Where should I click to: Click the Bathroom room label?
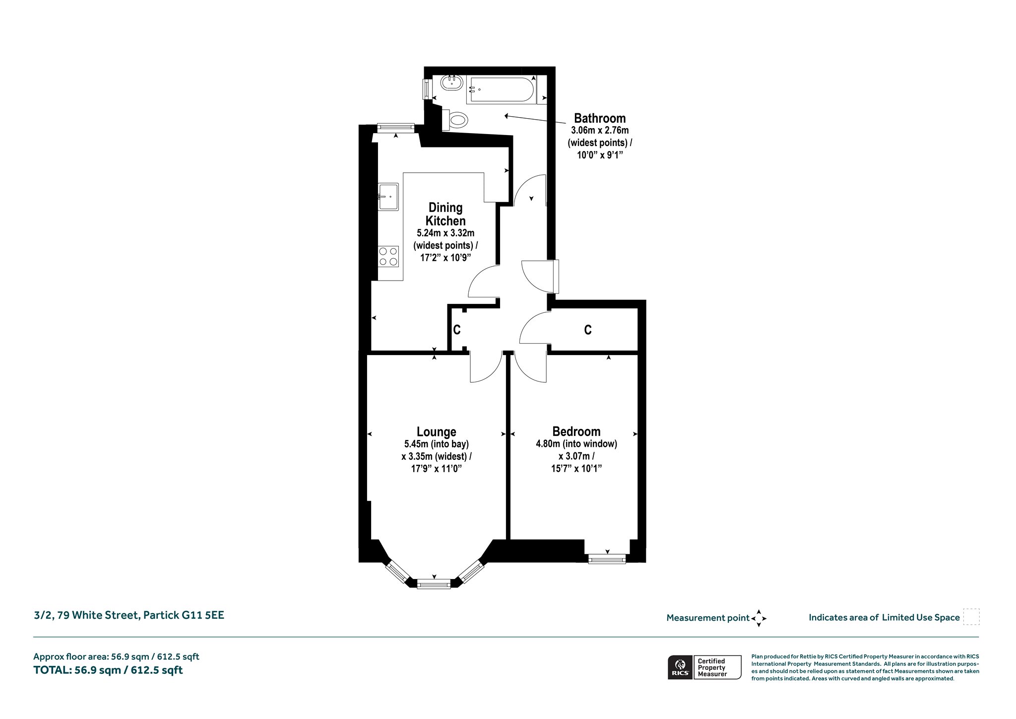pyautogui.click(x=600, y=118)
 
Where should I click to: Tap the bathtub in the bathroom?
pyautogui.click(x=502, y=90)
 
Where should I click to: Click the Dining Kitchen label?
pyautogui.click(x=445, y=214)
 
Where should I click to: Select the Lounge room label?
pyautogui.click(x=437, y=431)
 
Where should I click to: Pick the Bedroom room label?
pyautogui.click(x=576, y=431)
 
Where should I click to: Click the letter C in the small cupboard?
pyautogui.click(x=457, y=329)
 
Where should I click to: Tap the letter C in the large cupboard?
pyautogui.click(x=588, y=329)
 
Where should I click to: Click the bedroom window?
pyautogui.click(x=607, y=559)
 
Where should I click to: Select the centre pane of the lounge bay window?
pyautogui.click(x=434, y=584)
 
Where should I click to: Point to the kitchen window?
pyautogui.click(x=395, y=128)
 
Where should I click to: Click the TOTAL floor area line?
pyautogui.click(x=108, y=670)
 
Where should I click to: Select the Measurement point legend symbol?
pyautogui.click(x=759, y=618)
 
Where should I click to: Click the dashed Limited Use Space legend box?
pyautogui.click(x=971, y=617)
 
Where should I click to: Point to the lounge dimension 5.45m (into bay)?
pyautogui.click(x=437, y=444)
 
